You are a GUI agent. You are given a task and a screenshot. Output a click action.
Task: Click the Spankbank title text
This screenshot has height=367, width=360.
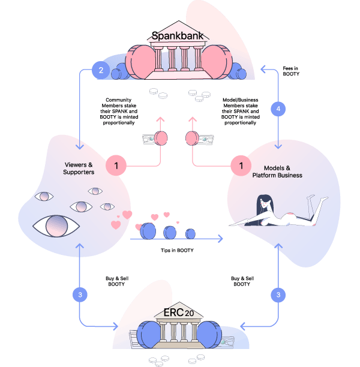(x=178, y=36)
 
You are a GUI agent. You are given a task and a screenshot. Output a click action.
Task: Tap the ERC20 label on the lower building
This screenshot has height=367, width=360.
(x=179, y=312)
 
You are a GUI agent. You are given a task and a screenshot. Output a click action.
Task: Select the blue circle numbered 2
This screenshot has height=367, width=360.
(x=101, y=70)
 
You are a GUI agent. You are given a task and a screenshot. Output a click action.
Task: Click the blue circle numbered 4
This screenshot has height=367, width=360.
(x=278, y=109)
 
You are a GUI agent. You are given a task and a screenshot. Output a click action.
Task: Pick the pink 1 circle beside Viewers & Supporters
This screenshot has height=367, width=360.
(x=116, y=166)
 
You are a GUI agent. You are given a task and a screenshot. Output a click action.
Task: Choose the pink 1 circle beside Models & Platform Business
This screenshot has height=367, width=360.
(x=241, y=166)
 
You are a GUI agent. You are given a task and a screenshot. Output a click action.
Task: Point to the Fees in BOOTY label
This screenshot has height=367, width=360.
(x=291, y=71)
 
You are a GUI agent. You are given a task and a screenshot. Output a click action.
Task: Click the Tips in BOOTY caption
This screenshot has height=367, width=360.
(x=177, y=250)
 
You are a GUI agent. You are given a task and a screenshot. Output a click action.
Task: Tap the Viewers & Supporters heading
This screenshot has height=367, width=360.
(x=79, y=169)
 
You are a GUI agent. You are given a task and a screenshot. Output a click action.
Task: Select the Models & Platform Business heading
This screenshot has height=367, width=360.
(x=277, y=172)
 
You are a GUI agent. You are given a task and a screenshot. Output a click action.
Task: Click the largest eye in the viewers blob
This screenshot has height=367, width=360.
(x=56, y=226)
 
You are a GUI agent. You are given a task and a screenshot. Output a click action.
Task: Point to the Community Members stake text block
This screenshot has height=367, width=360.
(x=119, y=111)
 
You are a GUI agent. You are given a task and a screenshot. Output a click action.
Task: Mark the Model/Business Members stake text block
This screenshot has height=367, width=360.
(x=241, y=111)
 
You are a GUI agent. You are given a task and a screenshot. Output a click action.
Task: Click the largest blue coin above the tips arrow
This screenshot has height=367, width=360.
(x=148, y=231)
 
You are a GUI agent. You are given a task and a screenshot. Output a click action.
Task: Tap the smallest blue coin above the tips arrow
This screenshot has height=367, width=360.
(x=190, y=234)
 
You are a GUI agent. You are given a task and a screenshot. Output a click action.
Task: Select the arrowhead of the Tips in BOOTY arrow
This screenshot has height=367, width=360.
(x=220, y=239)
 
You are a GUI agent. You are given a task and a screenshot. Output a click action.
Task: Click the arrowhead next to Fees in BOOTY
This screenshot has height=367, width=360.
(x=263, y=70)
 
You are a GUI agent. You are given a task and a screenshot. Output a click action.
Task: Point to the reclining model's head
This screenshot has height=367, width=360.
(x=265, y=203)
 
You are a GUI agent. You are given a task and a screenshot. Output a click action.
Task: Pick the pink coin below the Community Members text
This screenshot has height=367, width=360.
(x=161, y=138)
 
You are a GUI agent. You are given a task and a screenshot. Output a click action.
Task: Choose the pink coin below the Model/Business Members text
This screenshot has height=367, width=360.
(x=192, y=138)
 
